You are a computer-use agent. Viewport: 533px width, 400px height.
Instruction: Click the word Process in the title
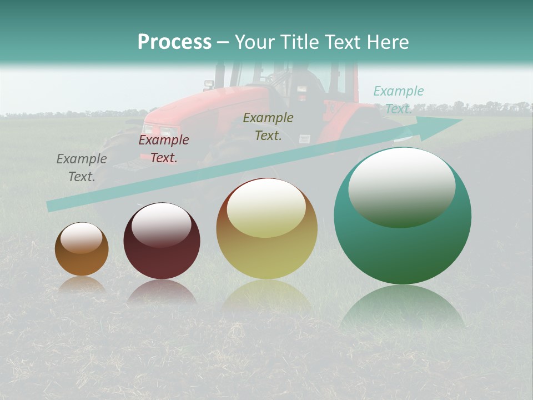pos(174,42)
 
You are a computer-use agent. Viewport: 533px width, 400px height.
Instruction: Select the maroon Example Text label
pos(164,149)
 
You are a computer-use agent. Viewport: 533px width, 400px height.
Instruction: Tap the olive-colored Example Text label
pos(268,126)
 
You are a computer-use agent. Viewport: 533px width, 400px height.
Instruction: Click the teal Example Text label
pos(398,99)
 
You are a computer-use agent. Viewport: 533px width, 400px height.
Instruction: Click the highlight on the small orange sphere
pos(82,238)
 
